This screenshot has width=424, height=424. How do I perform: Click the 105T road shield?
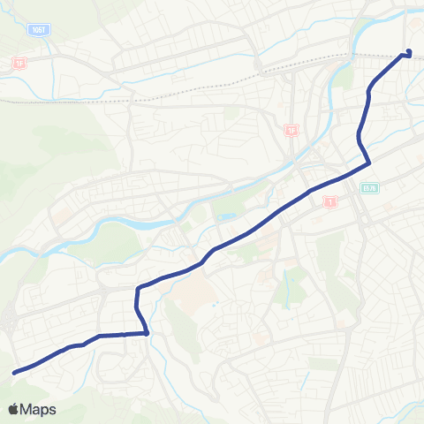point(38,29)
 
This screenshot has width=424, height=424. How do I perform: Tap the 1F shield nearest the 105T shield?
point(19,64)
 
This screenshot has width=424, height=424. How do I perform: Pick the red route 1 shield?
point(330,202)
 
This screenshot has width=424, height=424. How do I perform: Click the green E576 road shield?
point(369,187)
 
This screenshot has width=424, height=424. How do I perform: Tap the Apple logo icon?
point(13,409)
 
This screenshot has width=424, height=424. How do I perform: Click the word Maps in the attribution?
point(39,409)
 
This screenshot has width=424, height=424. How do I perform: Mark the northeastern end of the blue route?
point(409,52)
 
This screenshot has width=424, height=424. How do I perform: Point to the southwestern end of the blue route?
point(15,373)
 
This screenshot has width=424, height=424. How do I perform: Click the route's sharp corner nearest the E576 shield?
point(368,163)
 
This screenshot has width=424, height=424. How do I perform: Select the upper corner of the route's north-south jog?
point(138,289)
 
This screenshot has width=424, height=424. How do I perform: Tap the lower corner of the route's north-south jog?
point(146,333)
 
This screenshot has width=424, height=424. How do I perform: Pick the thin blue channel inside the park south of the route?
point(288,288)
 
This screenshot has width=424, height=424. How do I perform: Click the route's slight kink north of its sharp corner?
point(359,137)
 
